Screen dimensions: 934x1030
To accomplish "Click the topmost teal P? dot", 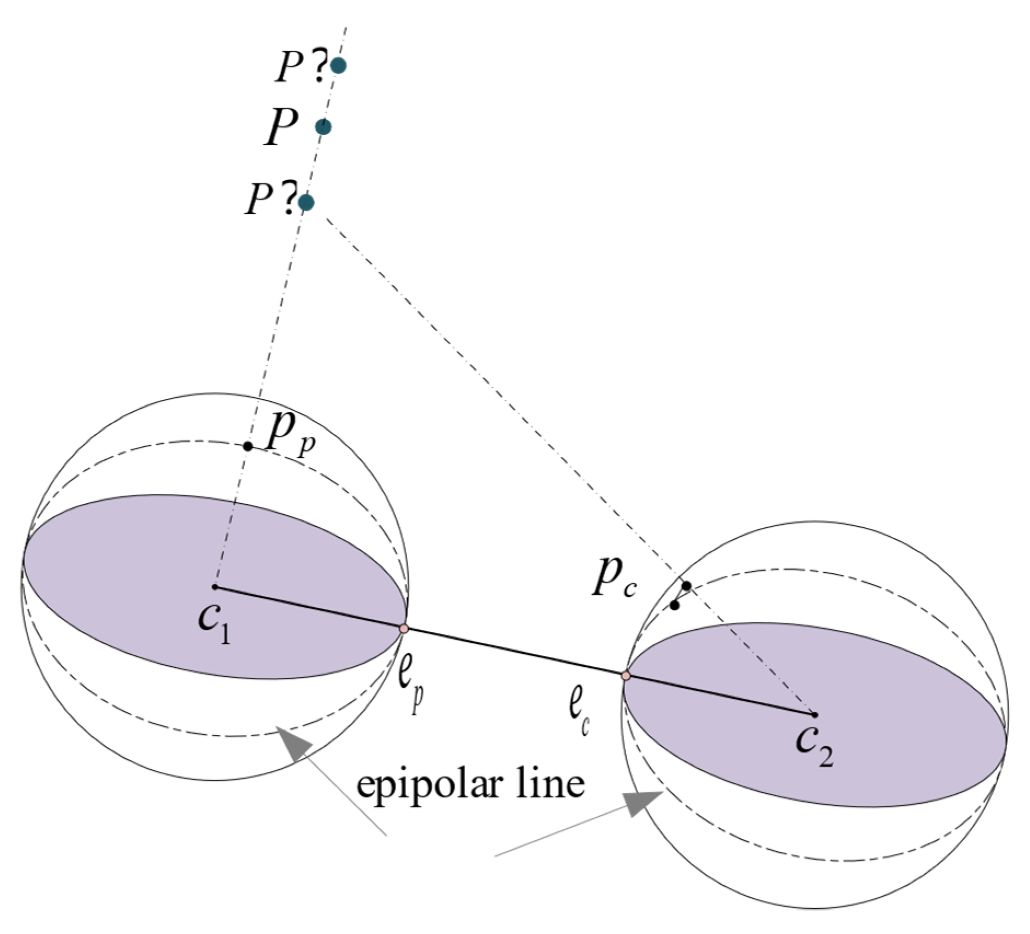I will click(x=339, y=66).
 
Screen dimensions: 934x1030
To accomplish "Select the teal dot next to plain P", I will click(x=323, y=127).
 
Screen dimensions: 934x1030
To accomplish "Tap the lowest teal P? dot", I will click(x=306, y=203).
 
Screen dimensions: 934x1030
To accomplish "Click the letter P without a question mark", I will click(x=282, y=126).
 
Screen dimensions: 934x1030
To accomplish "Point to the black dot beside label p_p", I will click(x=248, y=446).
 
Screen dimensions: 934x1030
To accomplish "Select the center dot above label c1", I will click(x=215, y=587).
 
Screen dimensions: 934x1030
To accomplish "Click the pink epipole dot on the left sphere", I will click(x=404, y=629).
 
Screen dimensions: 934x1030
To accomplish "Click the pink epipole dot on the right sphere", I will click(x=626, y=676).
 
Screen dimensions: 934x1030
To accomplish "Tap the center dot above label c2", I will click(x=815, y=715).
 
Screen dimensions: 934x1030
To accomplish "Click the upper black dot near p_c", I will click(x=686, y=586).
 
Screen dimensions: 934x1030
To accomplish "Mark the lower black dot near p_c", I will click(x=675, y=606).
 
